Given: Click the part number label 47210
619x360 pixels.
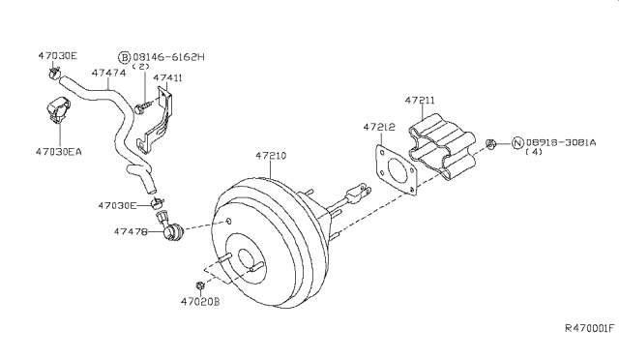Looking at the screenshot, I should coord(272,155).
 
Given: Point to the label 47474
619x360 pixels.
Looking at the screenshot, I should coord(106,72).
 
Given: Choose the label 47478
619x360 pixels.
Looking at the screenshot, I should coord(132,232).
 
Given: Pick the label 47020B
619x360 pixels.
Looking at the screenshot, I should coord(201,303).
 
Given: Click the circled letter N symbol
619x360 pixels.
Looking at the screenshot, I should coord(518,142).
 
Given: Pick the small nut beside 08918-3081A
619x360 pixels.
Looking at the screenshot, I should coord(492,144).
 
